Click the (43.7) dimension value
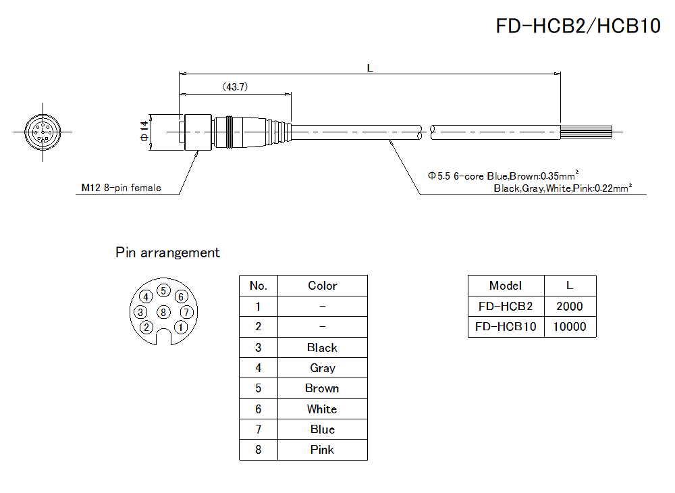click(234, 86)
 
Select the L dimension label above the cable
click(370, 68)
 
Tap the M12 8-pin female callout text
click(121, 188)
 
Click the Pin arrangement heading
click(167, 253)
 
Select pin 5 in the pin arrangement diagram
click(163, 291)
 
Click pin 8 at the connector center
click(163, 312)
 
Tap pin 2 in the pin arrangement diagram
click(146, 328)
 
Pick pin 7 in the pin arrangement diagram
click(187, 312)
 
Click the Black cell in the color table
click(322, 348)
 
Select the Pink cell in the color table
click(322, 450)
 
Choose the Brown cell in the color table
click(322, 388)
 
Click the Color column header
click(322, 286)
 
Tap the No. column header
click(259, 286)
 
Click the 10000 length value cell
click(570, 327)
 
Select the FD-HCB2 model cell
click(506, 306)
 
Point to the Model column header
click(506, 286)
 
